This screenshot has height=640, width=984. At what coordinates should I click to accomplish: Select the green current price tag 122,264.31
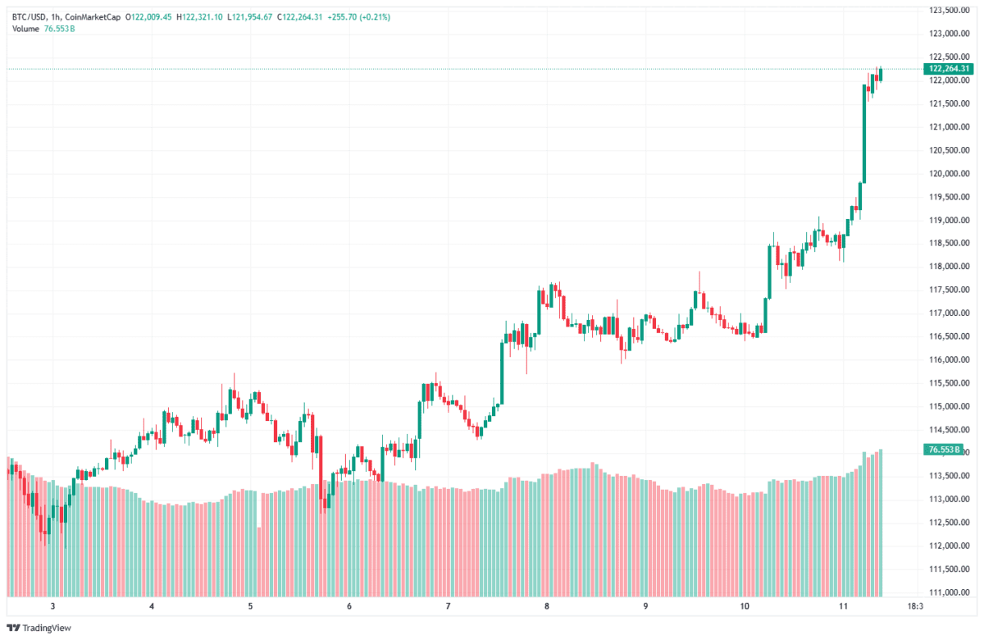(947, 69)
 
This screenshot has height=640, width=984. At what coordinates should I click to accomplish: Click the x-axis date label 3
(52, 607)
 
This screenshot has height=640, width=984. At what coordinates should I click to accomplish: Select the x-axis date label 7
(448, 607)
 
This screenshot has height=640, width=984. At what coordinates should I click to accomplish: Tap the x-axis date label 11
(844, 607)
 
